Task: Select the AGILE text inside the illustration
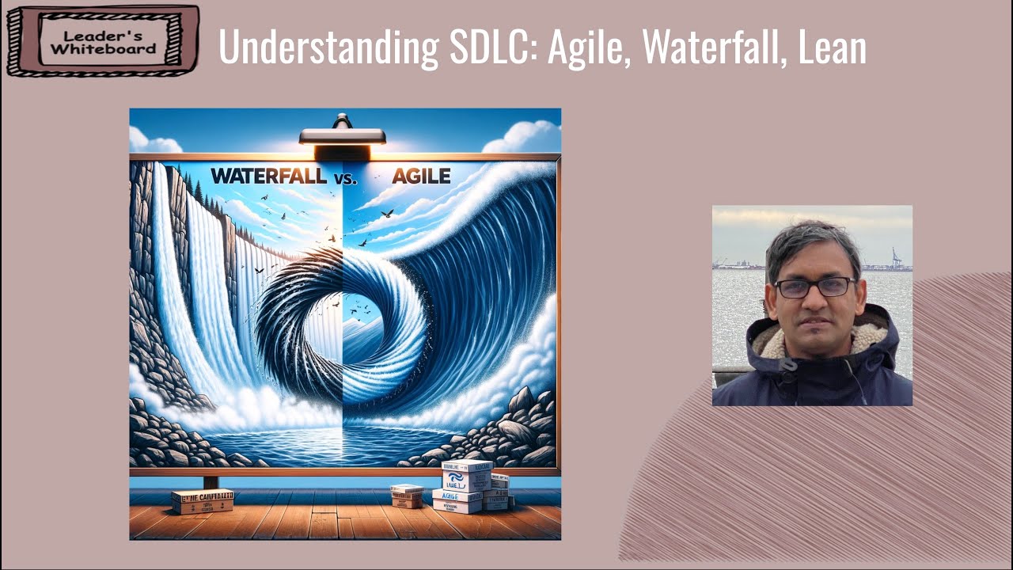tap(420, 176)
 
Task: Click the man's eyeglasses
tap(814, 287)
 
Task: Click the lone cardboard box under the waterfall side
tap(203, 501)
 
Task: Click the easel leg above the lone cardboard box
tap(211, 481)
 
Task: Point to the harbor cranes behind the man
tap(896, 259)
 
